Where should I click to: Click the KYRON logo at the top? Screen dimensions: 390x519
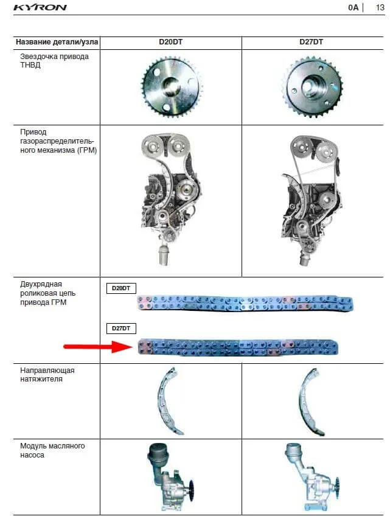click(40, 7)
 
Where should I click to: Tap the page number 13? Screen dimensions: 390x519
click(380, 7)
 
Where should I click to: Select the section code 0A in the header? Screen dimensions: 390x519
click(353, 7)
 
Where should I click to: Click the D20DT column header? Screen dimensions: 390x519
click(170, 42)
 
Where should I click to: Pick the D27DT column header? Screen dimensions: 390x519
click(311, 42)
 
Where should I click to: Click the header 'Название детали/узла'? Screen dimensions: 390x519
click(57, 42)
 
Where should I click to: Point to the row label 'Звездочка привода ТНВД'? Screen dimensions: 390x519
click(54, 61)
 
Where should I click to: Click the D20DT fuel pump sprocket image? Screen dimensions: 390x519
click(171, 87)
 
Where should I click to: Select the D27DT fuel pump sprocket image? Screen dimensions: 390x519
click(312, 87)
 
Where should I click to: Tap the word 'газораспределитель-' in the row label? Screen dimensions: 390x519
click(57, 141)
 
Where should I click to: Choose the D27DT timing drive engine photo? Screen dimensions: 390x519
click(311, 200)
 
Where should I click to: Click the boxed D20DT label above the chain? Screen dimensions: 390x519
click(121, 288)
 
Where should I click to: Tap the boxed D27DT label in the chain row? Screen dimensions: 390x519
click(121, 329)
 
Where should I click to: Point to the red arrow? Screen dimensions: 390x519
click(98, 347)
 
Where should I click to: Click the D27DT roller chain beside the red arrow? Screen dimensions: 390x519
click(238, 347)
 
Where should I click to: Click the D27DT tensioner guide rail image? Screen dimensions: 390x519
click(311, 402)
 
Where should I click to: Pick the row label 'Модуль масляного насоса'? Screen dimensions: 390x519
click(52, 450)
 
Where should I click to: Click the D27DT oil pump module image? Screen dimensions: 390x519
click(311, 477)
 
